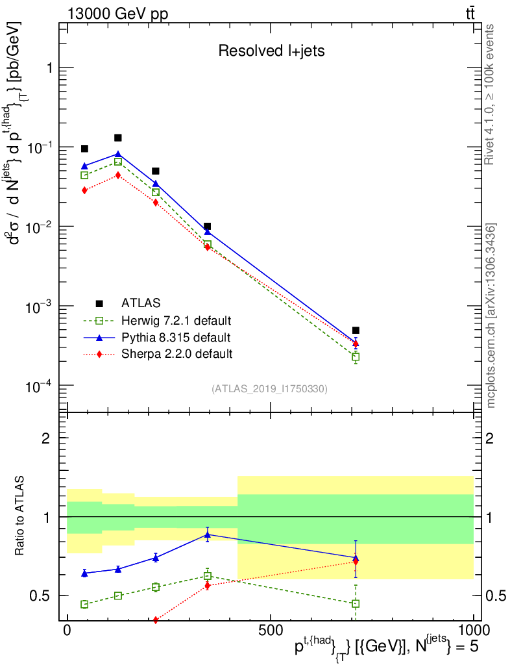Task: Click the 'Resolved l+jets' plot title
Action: [x=271, y=51]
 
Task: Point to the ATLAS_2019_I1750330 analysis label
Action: [x=269, y=389]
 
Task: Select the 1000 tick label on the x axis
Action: [x=474, y=631]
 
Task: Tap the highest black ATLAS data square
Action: [x=118, y=138]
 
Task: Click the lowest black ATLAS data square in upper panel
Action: [x=356, y=331]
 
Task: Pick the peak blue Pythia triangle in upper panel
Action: [x=118, y=154]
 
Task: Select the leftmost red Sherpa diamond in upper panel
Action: [x=84, y=190]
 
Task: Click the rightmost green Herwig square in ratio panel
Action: [x=356, y=603]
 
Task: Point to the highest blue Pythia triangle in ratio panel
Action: [x=207, y=535]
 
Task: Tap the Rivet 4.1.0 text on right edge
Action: [x=491, y=94]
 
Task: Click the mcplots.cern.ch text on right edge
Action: [x=491, y=315]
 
